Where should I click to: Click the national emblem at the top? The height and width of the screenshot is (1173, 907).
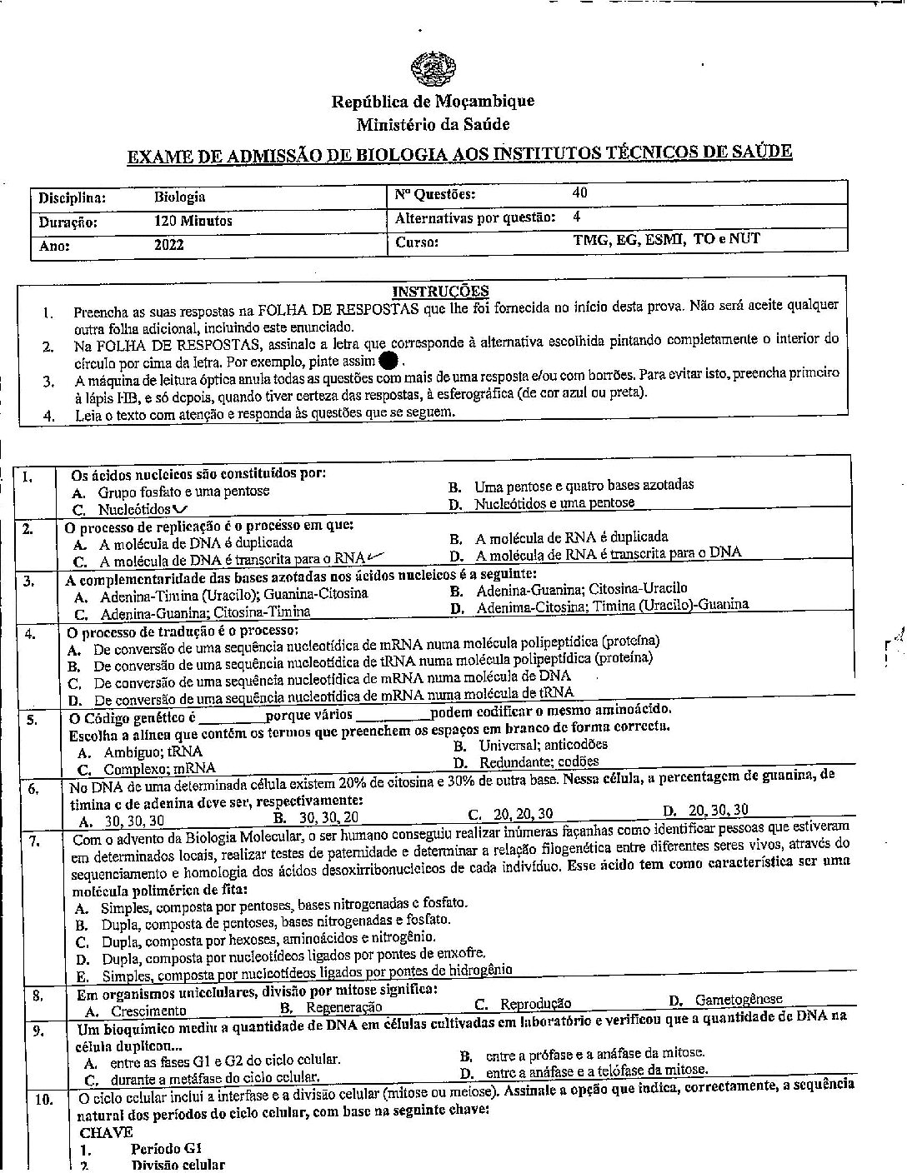click(x=432, y=67)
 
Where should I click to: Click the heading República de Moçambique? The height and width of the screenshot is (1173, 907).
click(x=433, y=102)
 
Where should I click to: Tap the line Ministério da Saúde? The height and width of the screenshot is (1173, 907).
click(x=433, y=125)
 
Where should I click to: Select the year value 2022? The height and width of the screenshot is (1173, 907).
click(x=168, y=245)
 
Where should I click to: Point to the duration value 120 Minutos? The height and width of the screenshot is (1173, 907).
click(x=193, y=222)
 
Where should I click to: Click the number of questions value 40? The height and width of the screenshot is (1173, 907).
click(x=579, y=192)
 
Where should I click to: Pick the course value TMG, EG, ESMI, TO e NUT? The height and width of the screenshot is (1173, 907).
click(x=666, y=239)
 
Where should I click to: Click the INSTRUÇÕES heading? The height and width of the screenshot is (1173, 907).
click(x=440, y=291)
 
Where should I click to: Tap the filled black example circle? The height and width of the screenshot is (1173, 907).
click(x=388, y=361)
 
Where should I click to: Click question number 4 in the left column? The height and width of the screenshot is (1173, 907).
click(x=30, y=633)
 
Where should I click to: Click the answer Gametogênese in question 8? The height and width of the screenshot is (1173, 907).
click(x=738, y=999)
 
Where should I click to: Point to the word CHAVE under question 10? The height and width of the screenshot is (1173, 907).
click(x=106, y=1131)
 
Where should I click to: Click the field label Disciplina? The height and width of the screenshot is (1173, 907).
click(x=72, y=198)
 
